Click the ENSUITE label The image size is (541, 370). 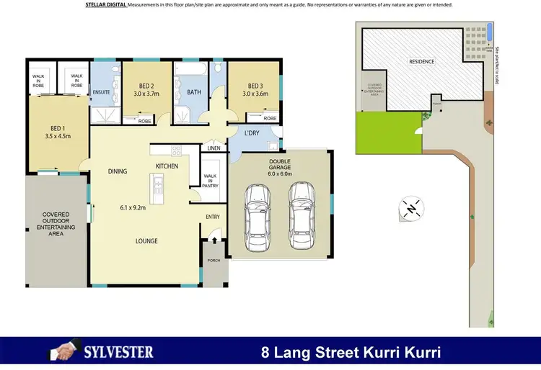(x=100, y=91)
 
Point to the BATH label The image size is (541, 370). (x=193, y=92)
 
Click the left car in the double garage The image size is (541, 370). (x=257, y=217)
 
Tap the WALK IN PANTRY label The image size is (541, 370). (x=210, y=180)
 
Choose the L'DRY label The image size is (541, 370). (x=252, y=133)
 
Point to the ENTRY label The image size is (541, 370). (x=213, y=216)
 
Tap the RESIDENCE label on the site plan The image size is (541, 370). (x=422, y=62)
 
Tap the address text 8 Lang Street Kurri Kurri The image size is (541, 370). (x=351, y=353)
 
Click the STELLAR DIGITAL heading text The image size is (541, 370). (x=105, y=5)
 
